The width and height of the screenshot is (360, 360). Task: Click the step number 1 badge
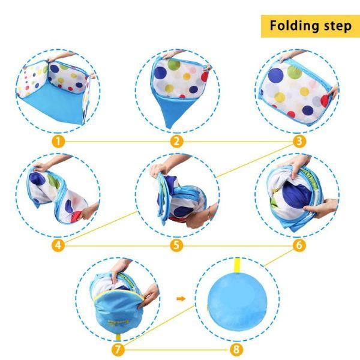click(x=58, y=141)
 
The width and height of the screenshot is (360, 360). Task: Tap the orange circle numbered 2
click(x=176, y=141)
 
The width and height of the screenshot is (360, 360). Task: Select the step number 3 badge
click(x=299, y=141)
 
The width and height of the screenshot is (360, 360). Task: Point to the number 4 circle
click(x=58, y=245)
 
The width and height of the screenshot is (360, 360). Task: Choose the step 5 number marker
click(x=176, y=245)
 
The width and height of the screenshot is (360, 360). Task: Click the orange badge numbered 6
click(x=299, y=245)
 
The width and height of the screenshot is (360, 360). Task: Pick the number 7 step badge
click(x=118, y=350)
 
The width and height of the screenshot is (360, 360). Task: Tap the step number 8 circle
click(x=236, y=350)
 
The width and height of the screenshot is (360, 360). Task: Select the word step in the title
click(x=338, y=26)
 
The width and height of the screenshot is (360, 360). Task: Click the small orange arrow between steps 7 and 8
click(x=181, y=298)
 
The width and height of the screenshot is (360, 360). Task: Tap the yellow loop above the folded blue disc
click(x=237, y=265)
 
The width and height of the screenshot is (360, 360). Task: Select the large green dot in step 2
click(x=174, y=65)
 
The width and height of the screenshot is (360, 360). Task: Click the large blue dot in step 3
click(x=276, y=76)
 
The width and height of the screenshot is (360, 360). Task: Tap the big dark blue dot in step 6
click(x=296, y=194)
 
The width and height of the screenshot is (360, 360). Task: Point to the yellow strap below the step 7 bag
click(x=118, y=337)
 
